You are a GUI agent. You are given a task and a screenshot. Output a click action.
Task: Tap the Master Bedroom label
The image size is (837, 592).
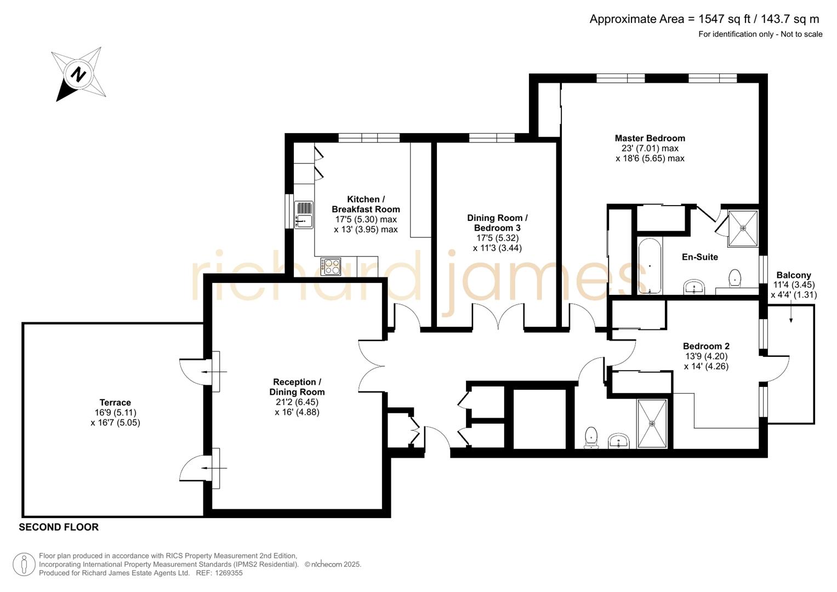650,138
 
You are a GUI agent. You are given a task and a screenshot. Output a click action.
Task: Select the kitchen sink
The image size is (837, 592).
303,214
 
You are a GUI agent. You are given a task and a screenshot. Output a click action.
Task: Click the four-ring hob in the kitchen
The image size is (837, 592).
331,267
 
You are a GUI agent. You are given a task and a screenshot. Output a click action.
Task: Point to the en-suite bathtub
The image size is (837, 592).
650,266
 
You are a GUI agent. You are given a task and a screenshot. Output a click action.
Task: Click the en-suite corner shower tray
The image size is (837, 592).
743,227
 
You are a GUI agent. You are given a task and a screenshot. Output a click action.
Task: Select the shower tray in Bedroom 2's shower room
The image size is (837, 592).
652,423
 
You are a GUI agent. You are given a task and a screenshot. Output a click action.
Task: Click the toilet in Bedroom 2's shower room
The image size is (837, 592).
591,437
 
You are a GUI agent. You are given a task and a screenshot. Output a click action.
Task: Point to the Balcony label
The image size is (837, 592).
793,275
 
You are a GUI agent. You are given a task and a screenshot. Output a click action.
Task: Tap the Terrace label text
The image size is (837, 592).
115,402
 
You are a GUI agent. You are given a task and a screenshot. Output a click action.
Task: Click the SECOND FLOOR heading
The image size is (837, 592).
59,527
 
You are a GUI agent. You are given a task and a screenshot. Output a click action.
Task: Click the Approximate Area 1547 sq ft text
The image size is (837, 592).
704,19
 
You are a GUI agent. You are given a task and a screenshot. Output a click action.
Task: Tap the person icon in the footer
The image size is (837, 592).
24,564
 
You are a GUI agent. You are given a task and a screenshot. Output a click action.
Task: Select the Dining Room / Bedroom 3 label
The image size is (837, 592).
497,223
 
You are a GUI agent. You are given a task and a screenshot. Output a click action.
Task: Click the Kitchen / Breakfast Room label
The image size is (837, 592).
366,204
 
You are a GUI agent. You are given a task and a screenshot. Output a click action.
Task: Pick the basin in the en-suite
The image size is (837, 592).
694,286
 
